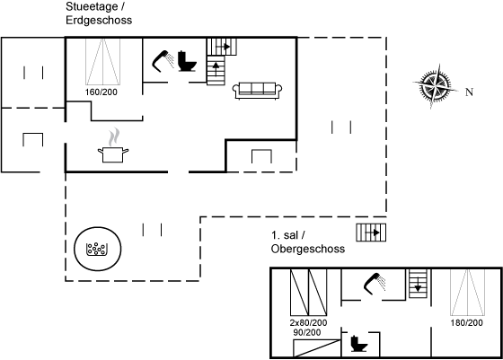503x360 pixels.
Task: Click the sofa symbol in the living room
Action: pos(257,91)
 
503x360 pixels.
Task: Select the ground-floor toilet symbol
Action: pos(187,61)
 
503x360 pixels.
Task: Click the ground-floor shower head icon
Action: pos(163,61)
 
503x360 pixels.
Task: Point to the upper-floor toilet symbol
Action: pos(359,343)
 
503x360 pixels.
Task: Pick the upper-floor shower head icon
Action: pos(375,284)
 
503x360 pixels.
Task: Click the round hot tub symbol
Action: pos(98,249)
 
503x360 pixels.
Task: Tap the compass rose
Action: pos(435,86)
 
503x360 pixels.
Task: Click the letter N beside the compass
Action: pos(469,92)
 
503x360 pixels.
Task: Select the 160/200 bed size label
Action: pos(101,92)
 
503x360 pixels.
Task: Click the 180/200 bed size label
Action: pos(466,323)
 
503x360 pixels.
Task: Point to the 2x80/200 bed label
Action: pos(308,322)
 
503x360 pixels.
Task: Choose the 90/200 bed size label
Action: pos(307,332)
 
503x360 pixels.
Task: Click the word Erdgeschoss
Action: pos(99,20)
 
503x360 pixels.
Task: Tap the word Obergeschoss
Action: pos(308,249)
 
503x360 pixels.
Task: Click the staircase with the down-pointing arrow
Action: pos(419,284)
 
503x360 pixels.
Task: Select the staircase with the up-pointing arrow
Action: pos(216,70)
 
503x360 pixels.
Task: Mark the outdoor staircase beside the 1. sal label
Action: pos(371,233)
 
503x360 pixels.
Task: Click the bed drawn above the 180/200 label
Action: pos(467,293)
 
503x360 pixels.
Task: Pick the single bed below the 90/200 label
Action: pos(317,347)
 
